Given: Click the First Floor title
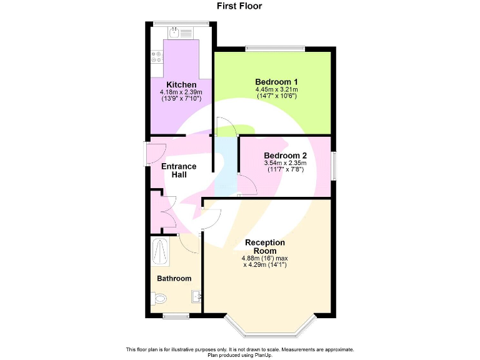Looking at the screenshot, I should tap(239, 6).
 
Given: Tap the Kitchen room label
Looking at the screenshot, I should tap(181, 84).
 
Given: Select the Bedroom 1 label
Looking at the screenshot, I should tap(276, 82).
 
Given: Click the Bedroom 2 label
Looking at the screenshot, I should tap(285, 156).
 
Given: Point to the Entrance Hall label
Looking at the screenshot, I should tap(179, 171).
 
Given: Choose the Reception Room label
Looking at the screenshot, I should tap(265, 246).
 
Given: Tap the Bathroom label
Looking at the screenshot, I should tap(174, 278).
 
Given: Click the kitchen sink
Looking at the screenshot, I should tap(177, 32).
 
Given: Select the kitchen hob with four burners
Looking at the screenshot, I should tap(156, 57).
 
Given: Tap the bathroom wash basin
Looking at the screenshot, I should tap(196, 296).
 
